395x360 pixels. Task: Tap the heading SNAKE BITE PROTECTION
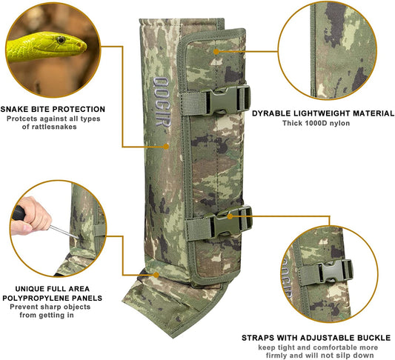coord(53,109)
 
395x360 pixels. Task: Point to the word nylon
coord(340,124)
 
